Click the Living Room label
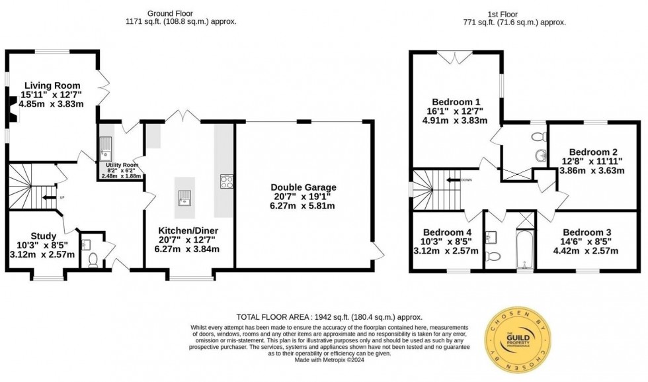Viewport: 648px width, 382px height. (x=52, y=85)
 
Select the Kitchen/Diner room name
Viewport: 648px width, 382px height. (x=188, y=230)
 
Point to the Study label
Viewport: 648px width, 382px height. (x=44, y=236)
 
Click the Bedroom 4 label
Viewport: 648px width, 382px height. (x=448, y=232)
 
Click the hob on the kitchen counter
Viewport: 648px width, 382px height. (x=227, y=181)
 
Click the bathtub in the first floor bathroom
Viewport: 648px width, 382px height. (x=524, y=250)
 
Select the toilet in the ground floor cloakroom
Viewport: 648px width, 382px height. (x=92, y=260)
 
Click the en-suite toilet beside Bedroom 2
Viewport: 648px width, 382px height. (x=540, y=136)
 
